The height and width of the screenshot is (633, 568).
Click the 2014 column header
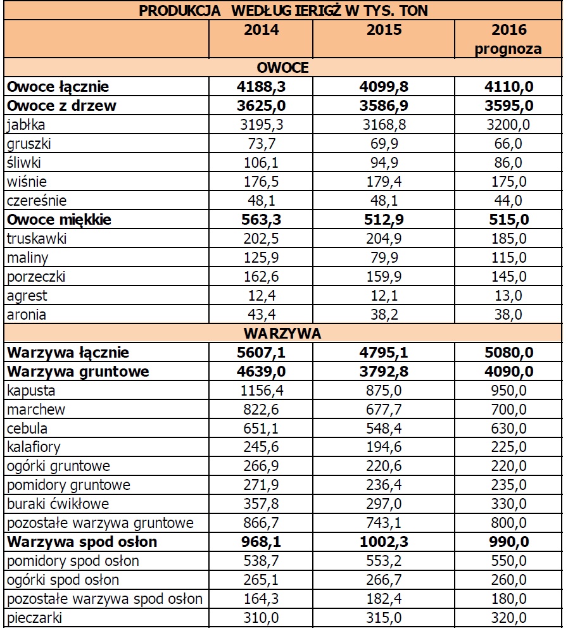(261, 30)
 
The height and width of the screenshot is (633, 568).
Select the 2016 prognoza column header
(509, 39)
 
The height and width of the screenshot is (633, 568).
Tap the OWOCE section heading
(282, 68)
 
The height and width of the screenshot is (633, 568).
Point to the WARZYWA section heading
(282, 334)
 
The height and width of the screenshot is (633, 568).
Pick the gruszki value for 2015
(384, 144)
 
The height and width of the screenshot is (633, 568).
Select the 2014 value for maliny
(261, 258)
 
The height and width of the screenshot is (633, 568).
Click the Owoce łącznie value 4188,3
(261, 87)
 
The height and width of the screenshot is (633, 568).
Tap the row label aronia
(26, 315)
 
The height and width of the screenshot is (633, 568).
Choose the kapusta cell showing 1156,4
(261, 391)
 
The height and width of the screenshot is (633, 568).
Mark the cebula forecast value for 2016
(509, 429)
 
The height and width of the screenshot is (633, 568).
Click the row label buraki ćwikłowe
(58, 505)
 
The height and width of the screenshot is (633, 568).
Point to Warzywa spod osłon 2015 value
(384, 542)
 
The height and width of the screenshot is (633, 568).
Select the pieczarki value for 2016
(509, 618)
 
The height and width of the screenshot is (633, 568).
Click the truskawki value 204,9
(384, 239)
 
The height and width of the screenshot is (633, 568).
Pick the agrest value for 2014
(261, 296)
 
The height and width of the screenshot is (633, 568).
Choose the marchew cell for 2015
(384, 410)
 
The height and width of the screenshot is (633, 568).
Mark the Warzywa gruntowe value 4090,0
(509, 372)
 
